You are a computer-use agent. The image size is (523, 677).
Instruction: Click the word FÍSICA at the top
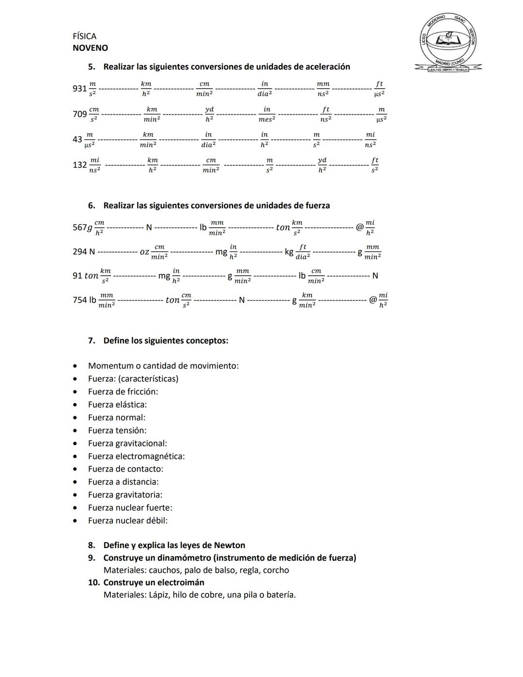[84, 36]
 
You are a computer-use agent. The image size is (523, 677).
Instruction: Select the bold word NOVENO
[90, 48]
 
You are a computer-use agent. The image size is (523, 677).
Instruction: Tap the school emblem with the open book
[448, 42]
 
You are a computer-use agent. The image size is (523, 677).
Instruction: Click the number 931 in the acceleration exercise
[79, 88]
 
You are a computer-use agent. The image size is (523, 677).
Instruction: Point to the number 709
[79, 114]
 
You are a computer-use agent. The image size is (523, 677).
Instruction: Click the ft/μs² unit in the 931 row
[380, 88]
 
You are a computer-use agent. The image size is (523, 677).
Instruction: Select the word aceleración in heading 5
[325, 67]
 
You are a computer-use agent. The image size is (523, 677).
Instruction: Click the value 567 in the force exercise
[79, 227]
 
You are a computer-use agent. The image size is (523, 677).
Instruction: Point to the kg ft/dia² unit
[297, 252]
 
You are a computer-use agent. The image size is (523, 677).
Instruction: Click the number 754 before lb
[79, 300]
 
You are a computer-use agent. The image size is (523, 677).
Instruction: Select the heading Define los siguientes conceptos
[166, 341]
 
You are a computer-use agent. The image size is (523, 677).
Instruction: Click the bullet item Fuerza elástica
[117, 405]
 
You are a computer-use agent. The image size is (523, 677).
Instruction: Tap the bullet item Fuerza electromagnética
[136, 457]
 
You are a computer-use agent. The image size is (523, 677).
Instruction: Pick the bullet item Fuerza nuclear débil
[128, 521]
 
